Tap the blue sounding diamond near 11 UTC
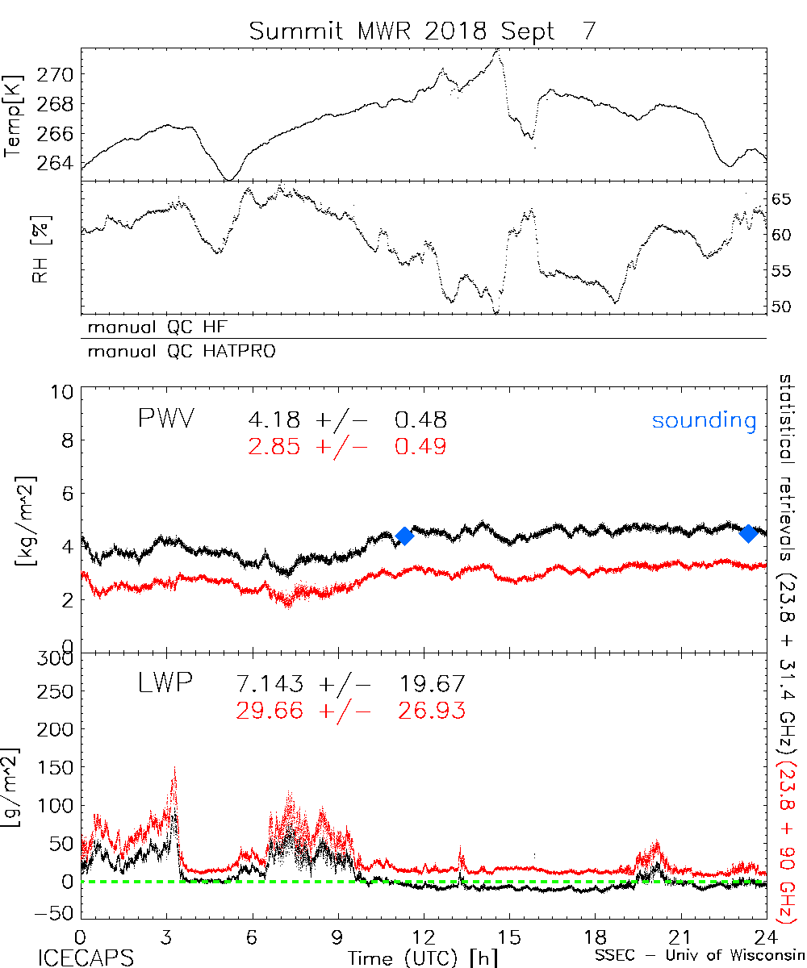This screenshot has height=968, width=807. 404,536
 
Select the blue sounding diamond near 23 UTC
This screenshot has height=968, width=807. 748,532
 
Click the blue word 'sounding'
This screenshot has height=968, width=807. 704,420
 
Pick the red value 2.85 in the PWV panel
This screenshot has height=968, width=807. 276,446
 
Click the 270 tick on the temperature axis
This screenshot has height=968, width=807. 56,75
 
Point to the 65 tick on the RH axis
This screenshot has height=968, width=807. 785,199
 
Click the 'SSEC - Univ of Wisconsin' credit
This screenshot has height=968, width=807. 700,957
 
